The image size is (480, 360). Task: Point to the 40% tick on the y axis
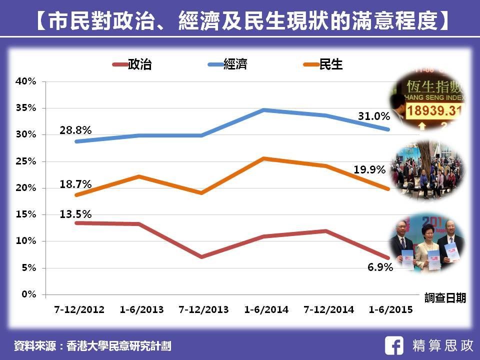point(26,81)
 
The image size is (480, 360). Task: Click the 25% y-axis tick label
point(26,161)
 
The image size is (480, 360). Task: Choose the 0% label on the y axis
point(28,294)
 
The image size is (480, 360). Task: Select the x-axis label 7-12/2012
point(79,309)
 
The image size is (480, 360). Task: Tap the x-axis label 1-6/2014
point(266,309)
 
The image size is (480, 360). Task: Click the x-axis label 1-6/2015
point(390,309)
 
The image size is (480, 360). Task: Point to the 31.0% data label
point(373,116)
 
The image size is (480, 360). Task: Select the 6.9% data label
point(380,267)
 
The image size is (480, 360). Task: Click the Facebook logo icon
point(395,345)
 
